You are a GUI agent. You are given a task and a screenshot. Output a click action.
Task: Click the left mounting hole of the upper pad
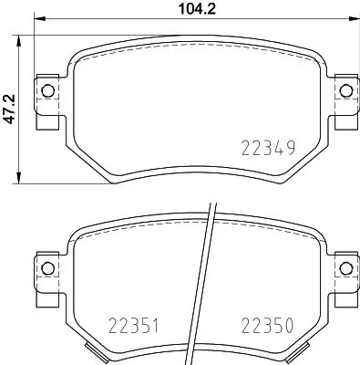tap(46, 89)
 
